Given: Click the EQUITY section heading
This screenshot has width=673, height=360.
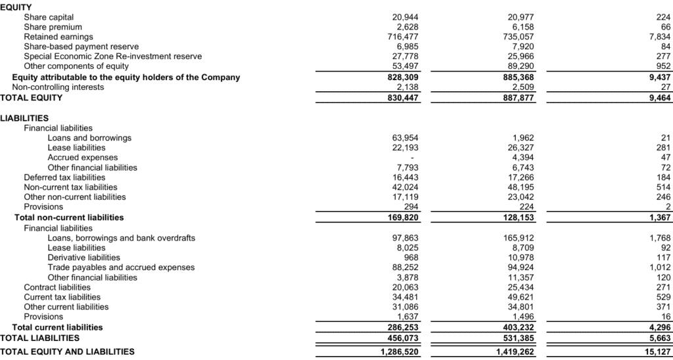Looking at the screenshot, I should pos(16,6).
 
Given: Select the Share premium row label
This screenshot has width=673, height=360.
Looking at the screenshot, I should pos(53,27).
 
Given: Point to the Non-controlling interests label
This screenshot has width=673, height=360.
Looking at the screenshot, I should pos(58,87).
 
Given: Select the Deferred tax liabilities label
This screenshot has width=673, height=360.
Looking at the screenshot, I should pos(64,177).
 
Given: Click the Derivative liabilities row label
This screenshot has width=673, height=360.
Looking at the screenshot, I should pos(83,258).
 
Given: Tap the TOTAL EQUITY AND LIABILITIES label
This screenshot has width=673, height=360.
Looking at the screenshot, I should pos(67,351).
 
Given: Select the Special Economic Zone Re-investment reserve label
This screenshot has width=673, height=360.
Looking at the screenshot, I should pos(112,56).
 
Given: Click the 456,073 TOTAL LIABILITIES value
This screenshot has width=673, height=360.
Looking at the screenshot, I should pos(402,338).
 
